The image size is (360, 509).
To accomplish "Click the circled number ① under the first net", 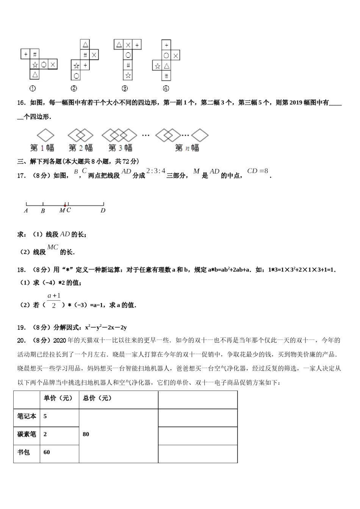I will [33, 88].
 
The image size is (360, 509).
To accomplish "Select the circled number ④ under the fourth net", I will [166, 88].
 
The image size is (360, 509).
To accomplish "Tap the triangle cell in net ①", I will [34, 74].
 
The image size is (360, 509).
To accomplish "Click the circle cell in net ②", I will [76, 76].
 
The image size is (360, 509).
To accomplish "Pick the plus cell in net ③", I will [137, 45].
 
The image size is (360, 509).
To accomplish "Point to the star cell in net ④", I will [157, 66].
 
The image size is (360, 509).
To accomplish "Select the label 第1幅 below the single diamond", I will [42, 147].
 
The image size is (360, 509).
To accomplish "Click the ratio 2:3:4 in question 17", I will [156, 171].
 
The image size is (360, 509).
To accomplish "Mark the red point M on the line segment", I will [65, 206].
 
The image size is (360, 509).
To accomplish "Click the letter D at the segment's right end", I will [103, 211].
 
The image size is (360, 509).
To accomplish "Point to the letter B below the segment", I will [43, 211].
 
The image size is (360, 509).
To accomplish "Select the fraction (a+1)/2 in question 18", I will [54, 300].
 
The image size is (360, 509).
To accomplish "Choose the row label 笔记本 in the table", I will [27, 416].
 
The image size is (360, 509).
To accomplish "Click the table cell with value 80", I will [86, 434].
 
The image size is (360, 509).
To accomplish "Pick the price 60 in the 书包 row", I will [47, 452].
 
